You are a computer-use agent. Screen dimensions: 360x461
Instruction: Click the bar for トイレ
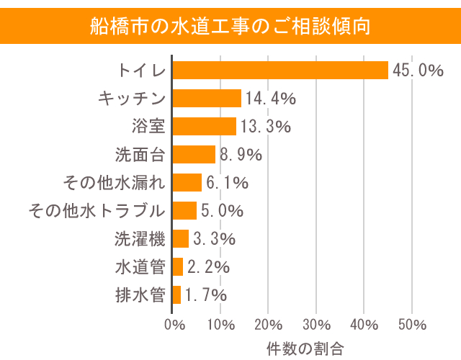(x=281, y=70)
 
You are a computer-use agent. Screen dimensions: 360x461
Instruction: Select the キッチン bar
(x=207, y=98)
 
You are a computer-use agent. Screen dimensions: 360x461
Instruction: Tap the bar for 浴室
(x=205, y=126)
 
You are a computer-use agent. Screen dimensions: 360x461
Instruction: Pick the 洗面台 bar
(x=194, y=154)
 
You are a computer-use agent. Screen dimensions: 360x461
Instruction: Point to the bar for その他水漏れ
(x=187, y=182)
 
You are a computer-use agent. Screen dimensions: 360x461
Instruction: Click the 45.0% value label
(x=418, y=70)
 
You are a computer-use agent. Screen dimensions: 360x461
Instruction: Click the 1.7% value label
(x=206, y=294)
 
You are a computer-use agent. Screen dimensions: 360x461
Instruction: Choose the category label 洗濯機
(x=140, y=238)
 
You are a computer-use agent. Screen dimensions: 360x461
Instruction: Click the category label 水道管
(x=140, y=266)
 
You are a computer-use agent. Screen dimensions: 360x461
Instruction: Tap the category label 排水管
(x=140, y=294)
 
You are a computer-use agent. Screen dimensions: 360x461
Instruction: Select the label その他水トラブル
(x=97, y=210)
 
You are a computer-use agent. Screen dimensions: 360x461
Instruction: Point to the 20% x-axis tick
(x=269, y=323)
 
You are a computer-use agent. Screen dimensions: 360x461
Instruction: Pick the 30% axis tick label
(x=316, y=323)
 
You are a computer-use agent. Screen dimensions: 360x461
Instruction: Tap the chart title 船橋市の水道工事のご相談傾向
(x=230, y=26)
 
